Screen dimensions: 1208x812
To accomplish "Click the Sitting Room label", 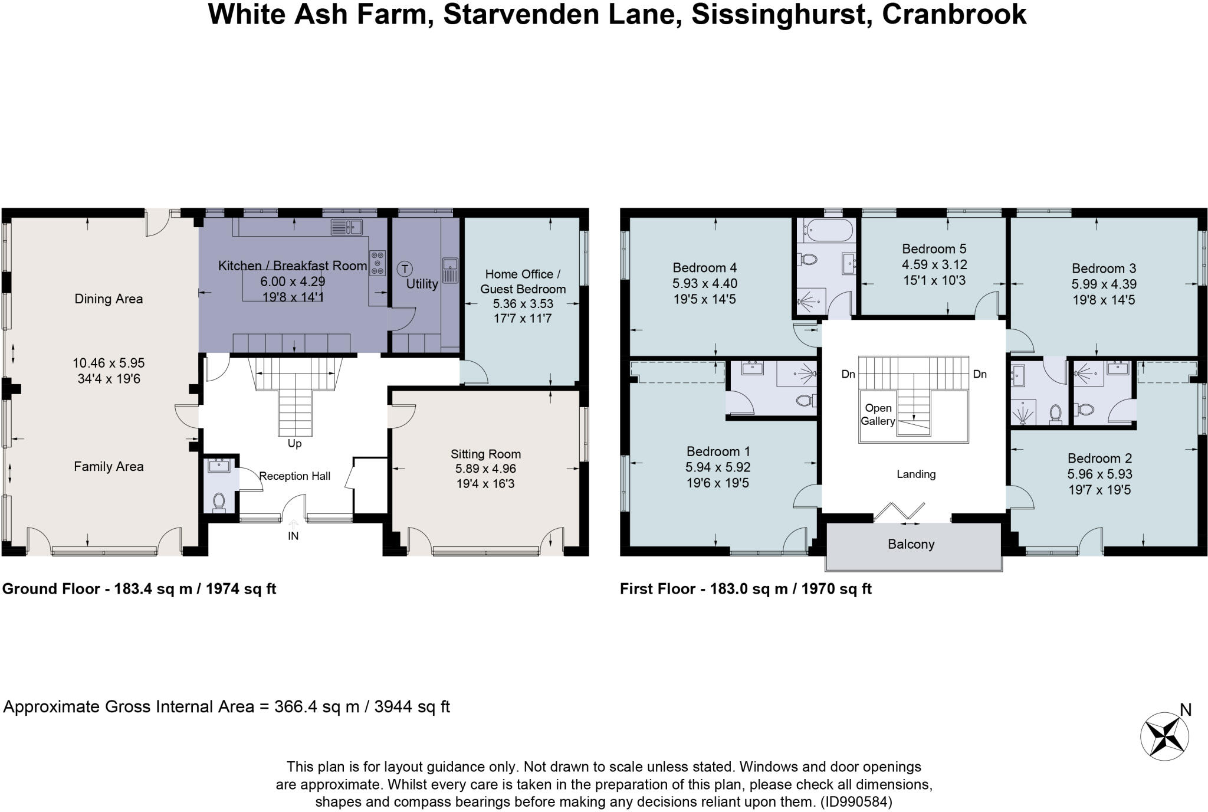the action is [485, 454].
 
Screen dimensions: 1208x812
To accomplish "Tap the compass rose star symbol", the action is [1164, 736].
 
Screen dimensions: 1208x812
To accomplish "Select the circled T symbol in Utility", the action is [404, 269].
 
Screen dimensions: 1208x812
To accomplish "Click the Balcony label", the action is [911, 544].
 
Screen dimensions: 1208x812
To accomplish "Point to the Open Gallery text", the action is [878, 414].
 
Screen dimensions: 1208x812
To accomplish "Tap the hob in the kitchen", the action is [377, 263].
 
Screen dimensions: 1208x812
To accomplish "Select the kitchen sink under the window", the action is [346, 227].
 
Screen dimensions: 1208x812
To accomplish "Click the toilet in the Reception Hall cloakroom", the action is [219, 502].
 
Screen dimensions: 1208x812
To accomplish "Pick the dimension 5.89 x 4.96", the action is [485, 469].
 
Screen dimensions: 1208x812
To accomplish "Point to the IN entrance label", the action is [293, 536].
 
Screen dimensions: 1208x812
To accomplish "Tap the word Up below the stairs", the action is [294, 443].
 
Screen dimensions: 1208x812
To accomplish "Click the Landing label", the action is [916, 474].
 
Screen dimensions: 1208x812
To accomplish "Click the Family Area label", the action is [109, 467].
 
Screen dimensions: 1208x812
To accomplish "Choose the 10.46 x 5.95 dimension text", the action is [109, 364].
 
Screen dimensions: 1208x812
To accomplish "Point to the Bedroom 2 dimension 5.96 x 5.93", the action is [1099, 474].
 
